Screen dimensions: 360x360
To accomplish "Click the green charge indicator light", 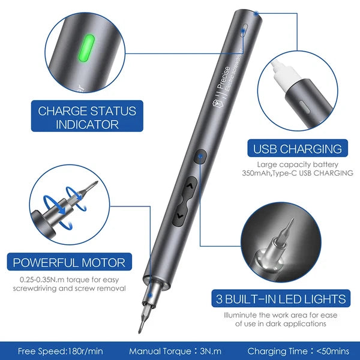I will click(88, 46).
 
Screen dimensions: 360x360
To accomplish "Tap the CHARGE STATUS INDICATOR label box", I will click(88, 118).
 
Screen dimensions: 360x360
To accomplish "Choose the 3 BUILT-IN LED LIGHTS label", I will click(280, 299).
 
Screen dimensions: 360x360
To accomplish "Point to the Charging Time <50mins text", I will click(298, 350).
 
